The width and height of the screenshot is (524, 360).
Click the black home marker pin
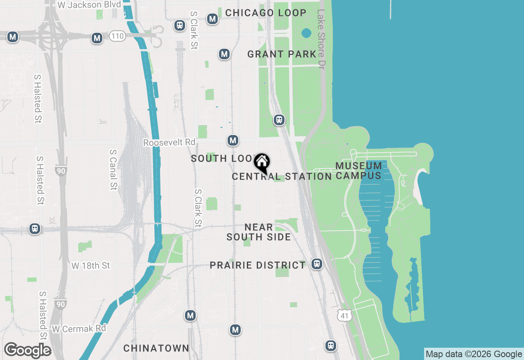tap(262, 163)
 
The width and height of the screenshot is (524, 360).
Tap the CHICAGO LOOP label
tap(266, 13)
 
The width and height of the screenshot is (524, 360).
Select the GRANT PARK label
tap(282, 54)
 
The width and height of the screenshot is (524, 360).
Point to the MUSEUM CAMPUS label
tap(359, 171)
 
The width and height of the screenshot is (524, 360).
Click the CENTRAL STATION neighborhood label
tap(282, 177)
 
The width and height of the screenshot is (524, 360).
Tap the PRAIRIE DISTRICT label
tap(257, 265)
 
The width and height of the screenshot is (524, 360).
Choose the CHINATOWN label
tap(156, 348)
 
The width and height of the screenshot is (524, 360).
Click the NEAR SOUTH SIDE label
tap(259, 232)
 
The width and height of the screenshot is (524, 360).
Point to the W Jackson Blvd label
tap(89, 5)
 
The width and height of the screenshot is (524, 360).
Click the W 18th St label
tap(90, 265)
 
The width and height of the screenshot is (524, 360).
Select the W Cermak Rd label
tap(79, 328)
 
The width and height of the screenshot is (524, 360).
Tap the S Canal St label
tap(113, 169)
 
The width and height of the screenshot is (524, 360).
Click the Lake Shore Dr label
tap(321, 39)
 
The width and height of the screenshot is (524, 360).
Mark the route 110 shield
tap(117, 36)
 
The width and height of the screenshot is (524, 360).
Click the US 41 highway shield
tap(345, 315)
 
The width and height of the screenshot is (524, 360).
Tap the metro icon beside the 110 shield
tap(97, 38)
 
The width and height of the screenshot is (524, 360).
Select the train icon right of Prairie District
tap(316, 264)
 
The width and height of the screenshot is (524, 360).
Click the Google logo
tap(27, 351)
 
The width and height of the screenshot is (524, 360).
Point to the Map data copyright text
tap(474, 354)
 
